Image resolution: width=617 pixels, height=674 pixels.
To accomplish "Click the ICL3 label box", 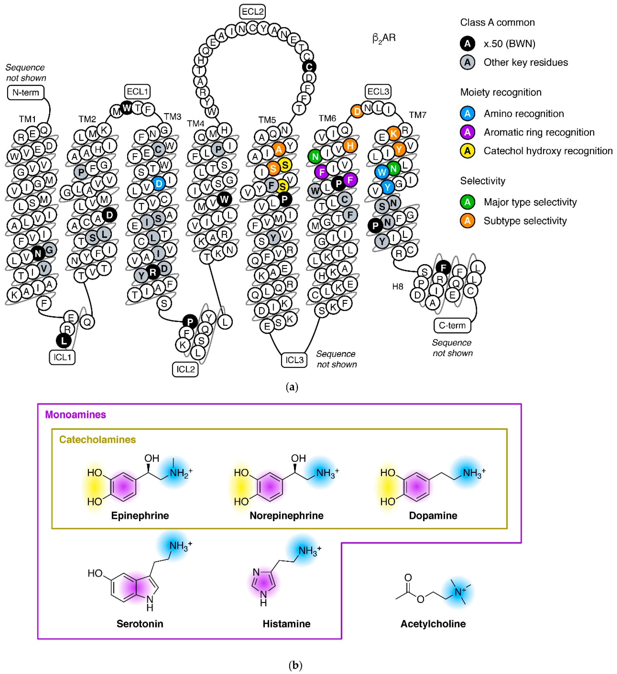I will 294,360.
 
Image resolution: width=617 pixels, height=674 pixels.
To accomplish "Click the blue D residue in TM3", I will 159,184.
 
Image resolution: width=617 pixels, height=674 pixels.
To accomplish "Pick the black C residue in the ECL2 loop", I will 309,67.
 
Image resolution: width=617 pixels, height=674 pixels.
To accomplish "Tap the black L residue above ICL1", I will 63,341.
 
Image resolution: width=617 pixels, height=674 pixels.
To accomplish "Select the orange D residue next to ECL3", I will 357,111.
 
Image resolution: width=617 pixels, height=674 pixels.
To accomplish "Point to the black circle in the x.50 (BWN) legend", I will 467,43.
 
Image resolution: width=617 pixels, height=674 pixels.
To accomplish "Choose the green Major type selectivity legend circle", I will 467,202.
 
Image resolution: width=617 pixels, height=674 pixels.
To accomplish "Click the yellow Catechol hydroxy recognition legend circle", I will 467,151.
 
